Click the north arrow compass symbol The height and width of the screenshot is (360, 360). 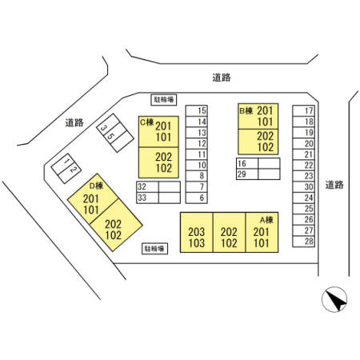334,299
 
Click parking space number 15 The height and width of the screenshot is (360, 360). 197,110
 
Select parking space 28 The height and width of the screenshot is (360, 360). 303,242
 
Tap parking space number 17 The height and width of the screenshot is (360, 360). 303,110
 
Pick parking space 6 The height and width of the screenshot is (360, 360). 197,198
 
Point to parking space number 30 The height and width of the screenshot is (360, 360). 303,187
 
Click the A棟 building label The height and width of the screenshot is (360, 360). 266,220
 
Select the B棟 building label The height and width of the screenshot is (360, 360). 246,110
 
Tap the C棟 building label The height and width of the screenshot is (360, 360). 147,122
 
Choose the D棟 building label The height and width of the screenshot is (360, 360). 96,186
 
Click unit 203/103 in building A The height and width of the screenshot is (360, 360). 197,232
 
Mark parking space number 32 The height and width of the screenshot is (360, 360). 147,187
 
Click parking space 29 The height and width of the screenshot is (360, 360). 247,174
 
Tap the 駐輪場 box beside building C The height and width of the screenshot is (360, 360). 164,100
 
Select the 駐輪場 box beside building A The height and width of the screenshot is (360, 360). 154,249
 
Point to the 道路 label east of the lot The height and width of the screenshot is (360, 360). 334,185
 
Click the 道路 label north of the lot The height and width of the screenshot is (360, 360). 222,78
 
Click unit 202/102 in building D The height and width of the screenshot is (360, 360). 116,226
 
